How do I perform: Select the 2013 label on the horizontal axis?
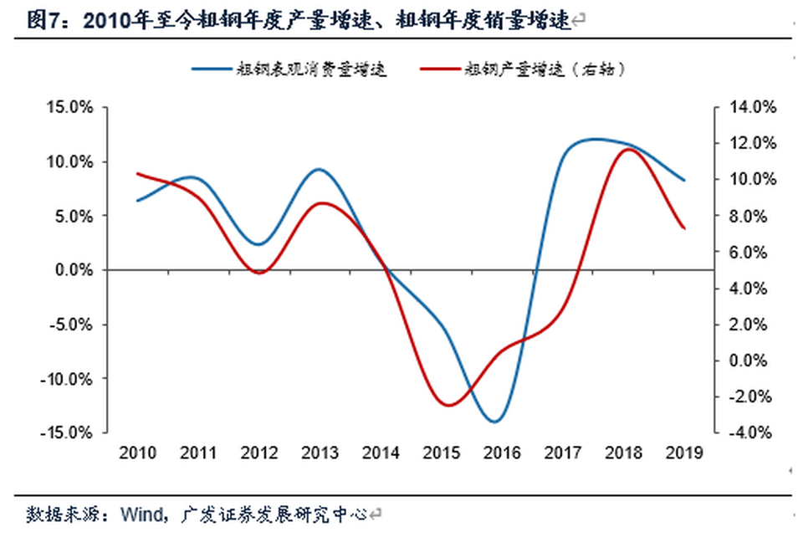[320, 453]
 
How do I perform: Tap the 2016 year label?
[502, 453]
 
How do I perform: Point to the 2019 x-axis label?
[683, 453]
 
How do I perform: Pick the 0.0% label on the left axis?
[76, 270]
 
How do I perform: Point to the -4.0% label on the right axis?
[749, 432]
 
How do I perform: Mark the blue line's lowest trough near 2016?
[494, 422]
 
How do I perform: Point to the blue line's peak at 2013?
[319, 169]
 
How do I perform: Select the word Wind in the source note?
[142, 513]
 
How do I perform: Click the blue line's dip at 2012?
[258, 245]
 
